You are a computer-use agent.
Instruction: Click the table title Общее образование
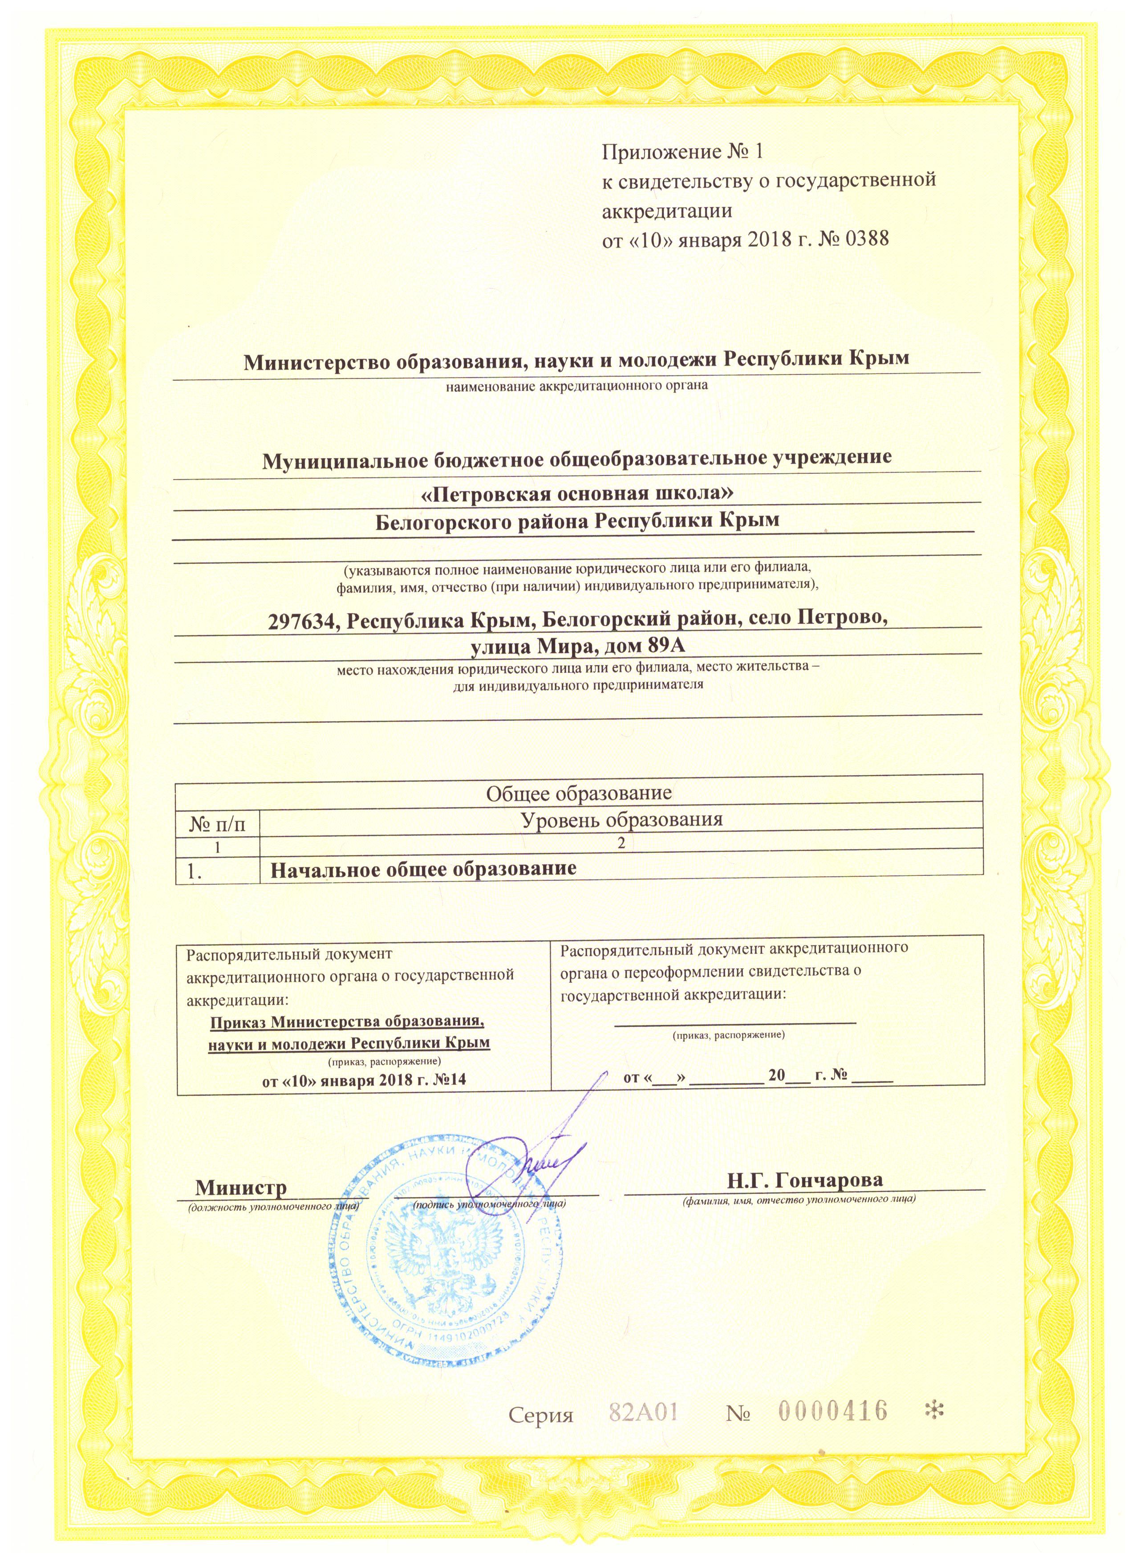pyautogui.click(x=579, y=793)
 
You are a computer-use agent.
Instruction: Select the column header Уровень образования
pyautogui.click(x=621, y=819)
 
